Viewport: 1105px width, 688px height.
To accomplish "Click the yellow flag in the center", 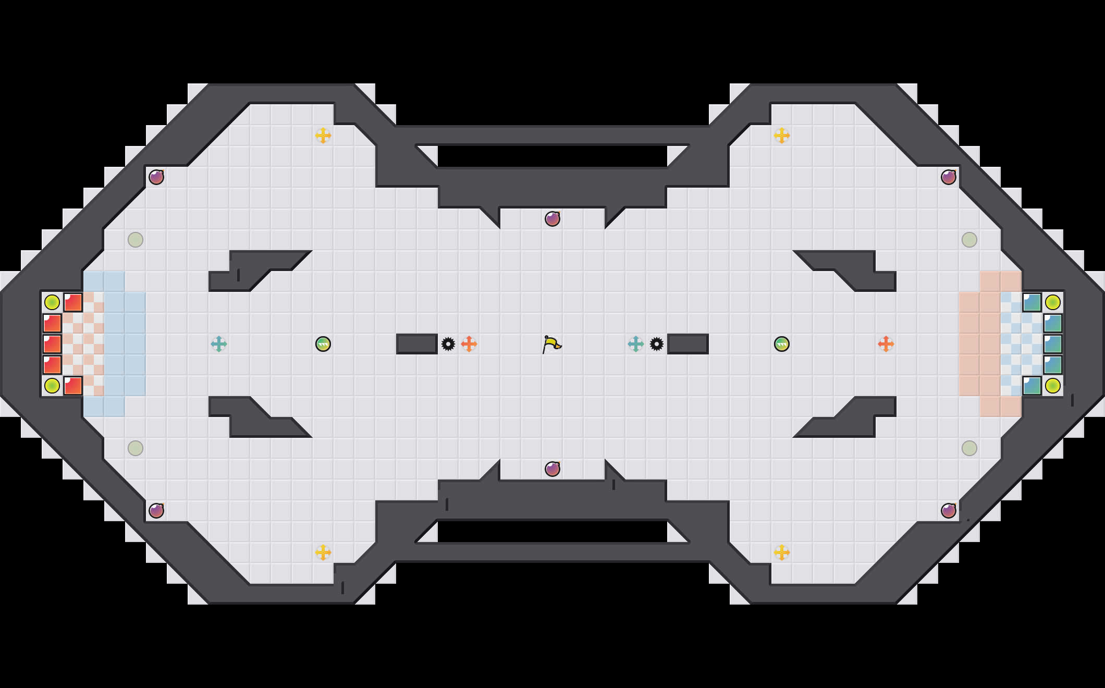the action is tap(551, 344).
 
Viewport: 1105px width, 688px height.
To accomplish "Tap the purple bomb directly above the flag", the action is tap(552, 219).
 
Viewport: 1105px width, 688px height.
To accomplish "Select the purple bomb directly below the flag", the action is tap(552, 469).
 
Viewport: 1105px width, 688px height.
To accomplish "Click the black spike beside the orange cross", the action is tap(448, 344).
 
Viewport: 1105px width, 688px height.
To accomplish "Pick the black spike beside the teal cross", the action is tap(657, 344).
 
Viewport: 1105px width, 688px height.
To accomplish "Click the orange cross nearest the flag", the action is tap(469, 344).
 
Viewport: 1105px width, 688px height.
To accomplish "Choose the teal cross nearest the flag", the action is tap(636, 344).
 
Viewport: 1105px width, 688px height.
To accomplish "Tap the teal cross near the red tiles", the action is tap(219, 344).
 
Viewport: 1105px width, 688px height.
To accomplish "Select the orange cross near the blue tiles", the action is tap(886, 344).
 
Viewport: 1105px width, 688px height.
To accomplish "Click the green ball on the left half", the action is tap(323, 344).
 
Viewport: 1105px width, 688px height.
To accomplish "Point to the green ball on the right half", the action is tap(782, 344).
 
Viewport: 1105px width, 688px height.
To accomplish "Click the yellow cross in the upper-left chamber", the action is tap(323, 136).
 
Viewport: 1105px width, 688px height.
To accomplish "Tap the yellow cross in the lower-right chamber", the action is tap(782, 552).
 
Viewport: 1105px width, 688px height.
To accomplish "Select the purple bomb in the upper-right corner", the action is tap(949, 177).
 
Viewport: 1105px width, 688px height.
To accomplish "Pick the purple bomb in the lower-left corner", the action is tap(156, 511).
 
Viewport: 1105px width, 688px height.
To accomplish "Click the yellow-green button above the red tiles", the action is tap(52, 302).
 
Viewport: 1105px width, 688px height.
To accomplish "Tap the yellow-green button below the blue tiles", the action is tap(1053, 386).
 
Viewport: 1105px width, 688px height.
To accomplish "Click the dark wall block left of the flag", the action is tap(417, 344).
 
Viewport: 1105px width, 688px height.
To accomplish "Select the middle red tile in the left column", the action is tap(52, 344).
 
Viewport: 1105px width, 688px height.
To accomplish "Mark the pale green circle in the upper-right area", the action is tap(969, 240).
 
